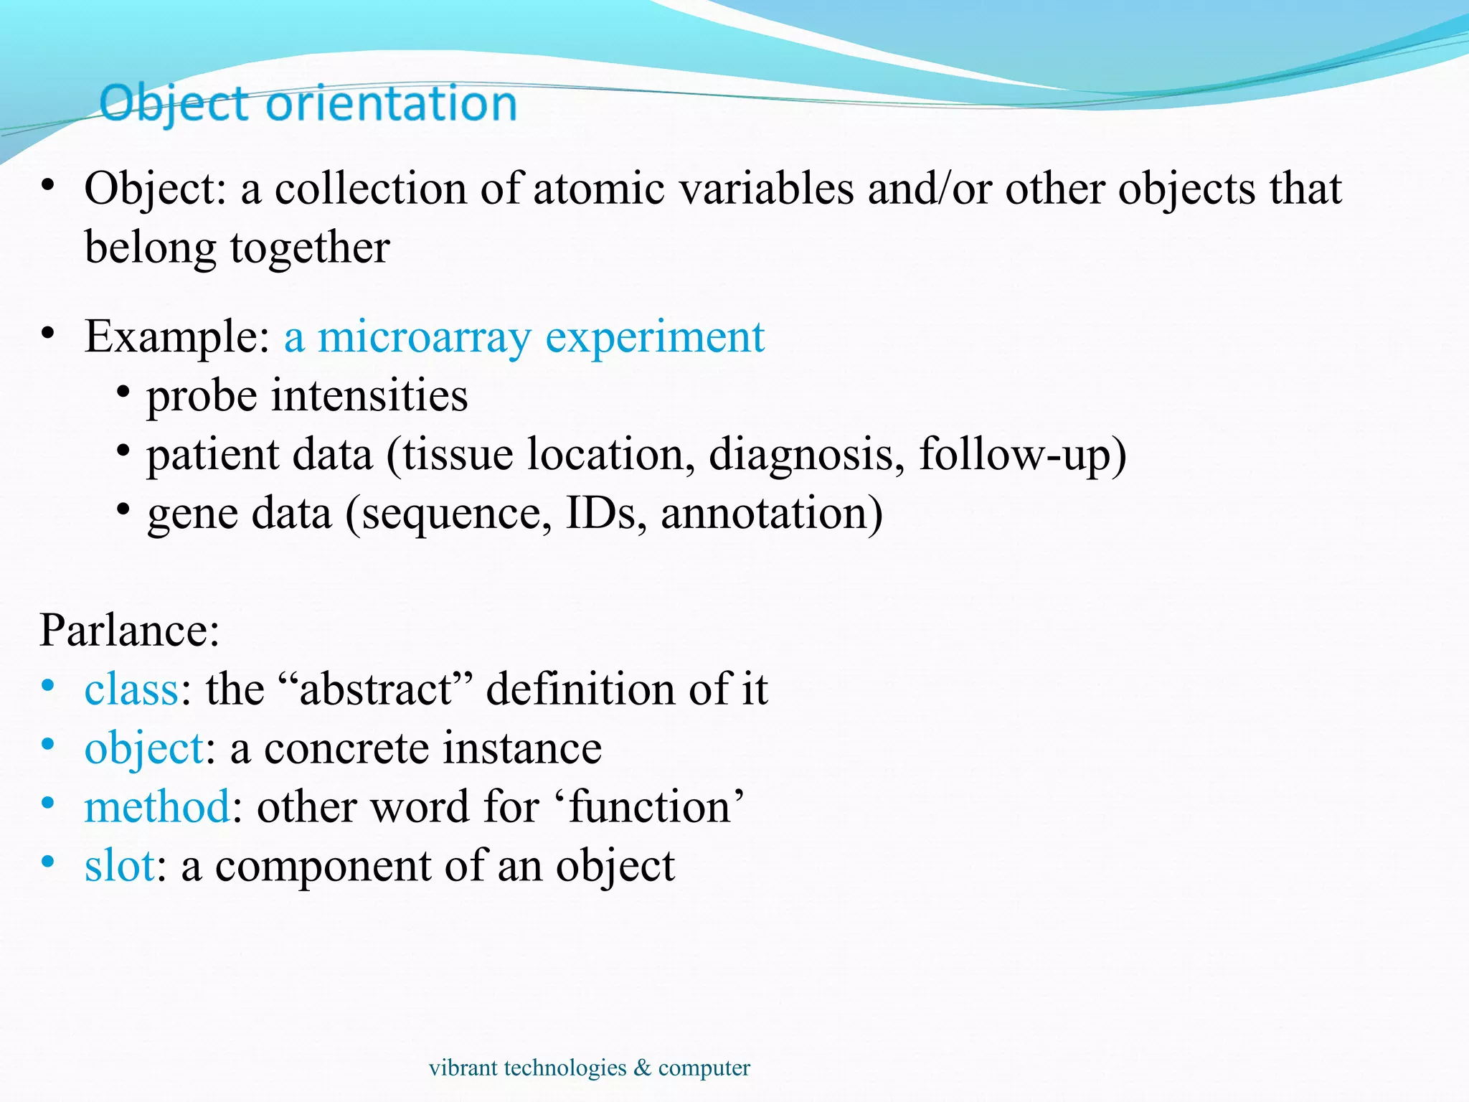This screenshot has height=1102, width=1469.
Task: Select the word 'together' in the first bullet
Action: click(x=310, y=248)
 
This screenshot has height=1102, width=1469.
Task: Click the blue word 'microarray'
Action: click(x=424, y=336)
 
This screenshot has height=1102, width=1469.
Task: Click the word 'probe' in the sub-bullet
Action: click(x=202, y=396)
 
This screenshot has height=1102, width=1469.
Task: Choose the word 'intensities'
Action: click(x=369, y=395)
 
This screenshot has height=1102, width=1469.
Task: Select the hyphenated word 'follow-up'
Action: click(x=1014, y=455)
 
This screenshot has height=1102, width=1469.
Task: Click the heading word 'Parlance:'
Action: click(x=129, y=631)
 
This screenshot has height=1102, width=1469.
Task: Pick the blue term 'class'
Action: click(x=131, y=689)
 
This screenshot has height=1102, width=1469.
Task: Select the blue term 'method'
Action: click(x=157, y=807)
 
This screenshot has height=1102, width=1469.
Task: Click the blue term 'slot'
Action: click(x=119, y=866)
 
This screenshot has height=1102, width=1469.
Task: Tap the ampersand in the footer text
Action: click(x=642, y=1068)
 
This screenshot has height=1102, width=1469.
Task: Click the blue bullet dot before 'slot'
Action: click(x=48, y=861)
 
